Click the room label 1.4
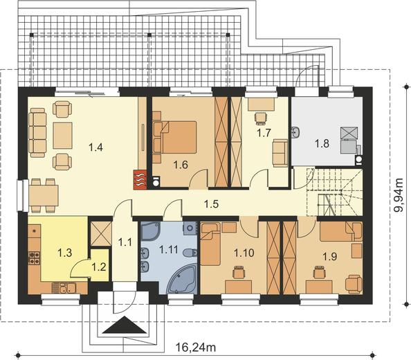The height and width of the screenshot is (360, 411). click(95, 147)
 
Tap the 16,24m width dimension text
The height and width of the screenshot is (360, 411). click(195, 348)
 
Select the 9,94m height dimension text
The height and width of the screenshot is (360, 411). click(399, 195)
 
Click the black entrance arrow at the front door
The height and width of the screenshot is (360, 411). click(125, 325)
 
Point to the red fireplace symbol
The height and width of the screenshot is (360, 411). click(140, 179)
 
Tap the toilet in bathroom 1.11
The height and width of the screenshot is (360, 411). click(190, 253)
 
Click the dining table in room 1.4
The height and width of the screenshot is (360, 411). click(44, 195)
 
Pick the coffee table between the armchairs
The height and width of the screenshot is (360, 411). click(62, 135)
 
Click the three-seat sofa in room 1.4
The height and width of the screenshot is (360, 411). click(37, 133)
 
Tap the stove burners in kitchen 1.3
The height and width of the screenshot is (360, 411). click(35, 258)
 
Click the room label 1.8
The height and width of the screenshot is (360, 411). click(322, 144)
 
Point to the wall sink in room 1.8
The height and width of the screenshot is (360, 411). click(295, 132)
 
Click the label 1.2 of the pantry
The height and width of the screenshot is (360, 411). click(99, 267)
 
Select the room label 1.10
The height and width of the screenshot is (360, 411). click(244, 253)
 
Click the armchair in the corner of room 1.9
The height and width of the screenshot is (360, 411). click(354, 284)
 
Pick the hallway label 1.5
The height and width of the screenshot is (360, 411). click(211, 204)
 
